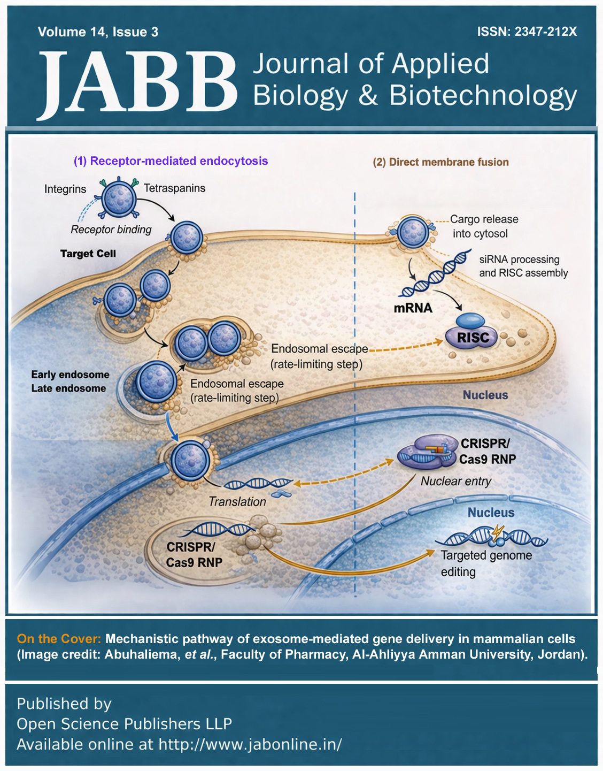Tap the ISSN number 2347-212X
coord(546,32)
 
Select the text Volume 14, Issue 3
coord(98,32)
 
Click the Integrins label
coord(65,189)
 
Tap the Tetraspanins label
coord(174,188)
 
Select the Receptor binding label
coord(111,230)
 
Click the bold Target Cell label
coord(88,254)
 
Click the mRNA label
coord(413,308)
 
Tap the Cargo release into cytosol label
coord(483,226)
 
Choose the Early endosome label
coord(70,375)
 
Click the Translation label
coord(237,502)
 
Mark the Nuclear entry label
coord(455,481)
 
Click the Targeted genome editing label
coord(485,563)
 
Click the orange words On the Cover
coord(59,639)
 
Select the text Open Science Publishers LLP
coord(124,724)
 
